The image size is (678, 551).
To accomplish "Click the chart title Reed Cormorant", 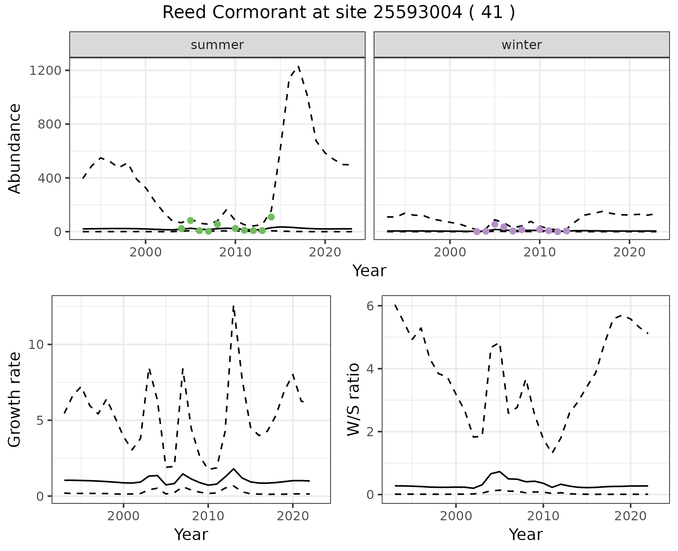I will click(x=338, y=13).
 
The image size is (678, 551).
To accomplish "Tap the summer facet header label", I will click(x=217, y=45).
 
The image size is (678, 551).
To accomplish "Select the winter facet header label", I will click(x=522, y=45).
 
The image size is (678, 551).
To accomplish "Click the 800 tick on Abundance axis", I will click(x=49, y=124).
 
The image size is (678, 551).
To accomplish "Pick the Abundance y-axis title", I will click(x=15, y=148).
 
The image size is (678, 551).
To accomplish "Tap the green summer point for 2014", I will click(x=271, y=217).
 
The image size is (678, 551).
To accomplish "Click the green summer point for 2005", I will click(x=190, y=220).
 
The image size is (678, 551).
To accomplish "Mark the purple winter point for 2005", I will click(x=495, y=224).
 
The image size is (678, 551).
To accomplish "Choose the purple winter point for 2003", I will click(x=477, y=231).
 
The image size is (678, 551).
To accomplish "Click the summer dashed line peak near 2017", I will click(x=298, y=66).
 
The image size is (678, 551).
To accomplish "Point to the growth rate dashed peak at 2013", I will click(x=233, y=307).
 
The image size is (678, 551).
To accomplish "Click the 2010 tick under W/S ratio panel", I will click(x=543, y=516).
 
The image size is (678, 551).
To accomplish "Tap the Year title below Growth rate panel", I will click(x=191, y=534).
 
